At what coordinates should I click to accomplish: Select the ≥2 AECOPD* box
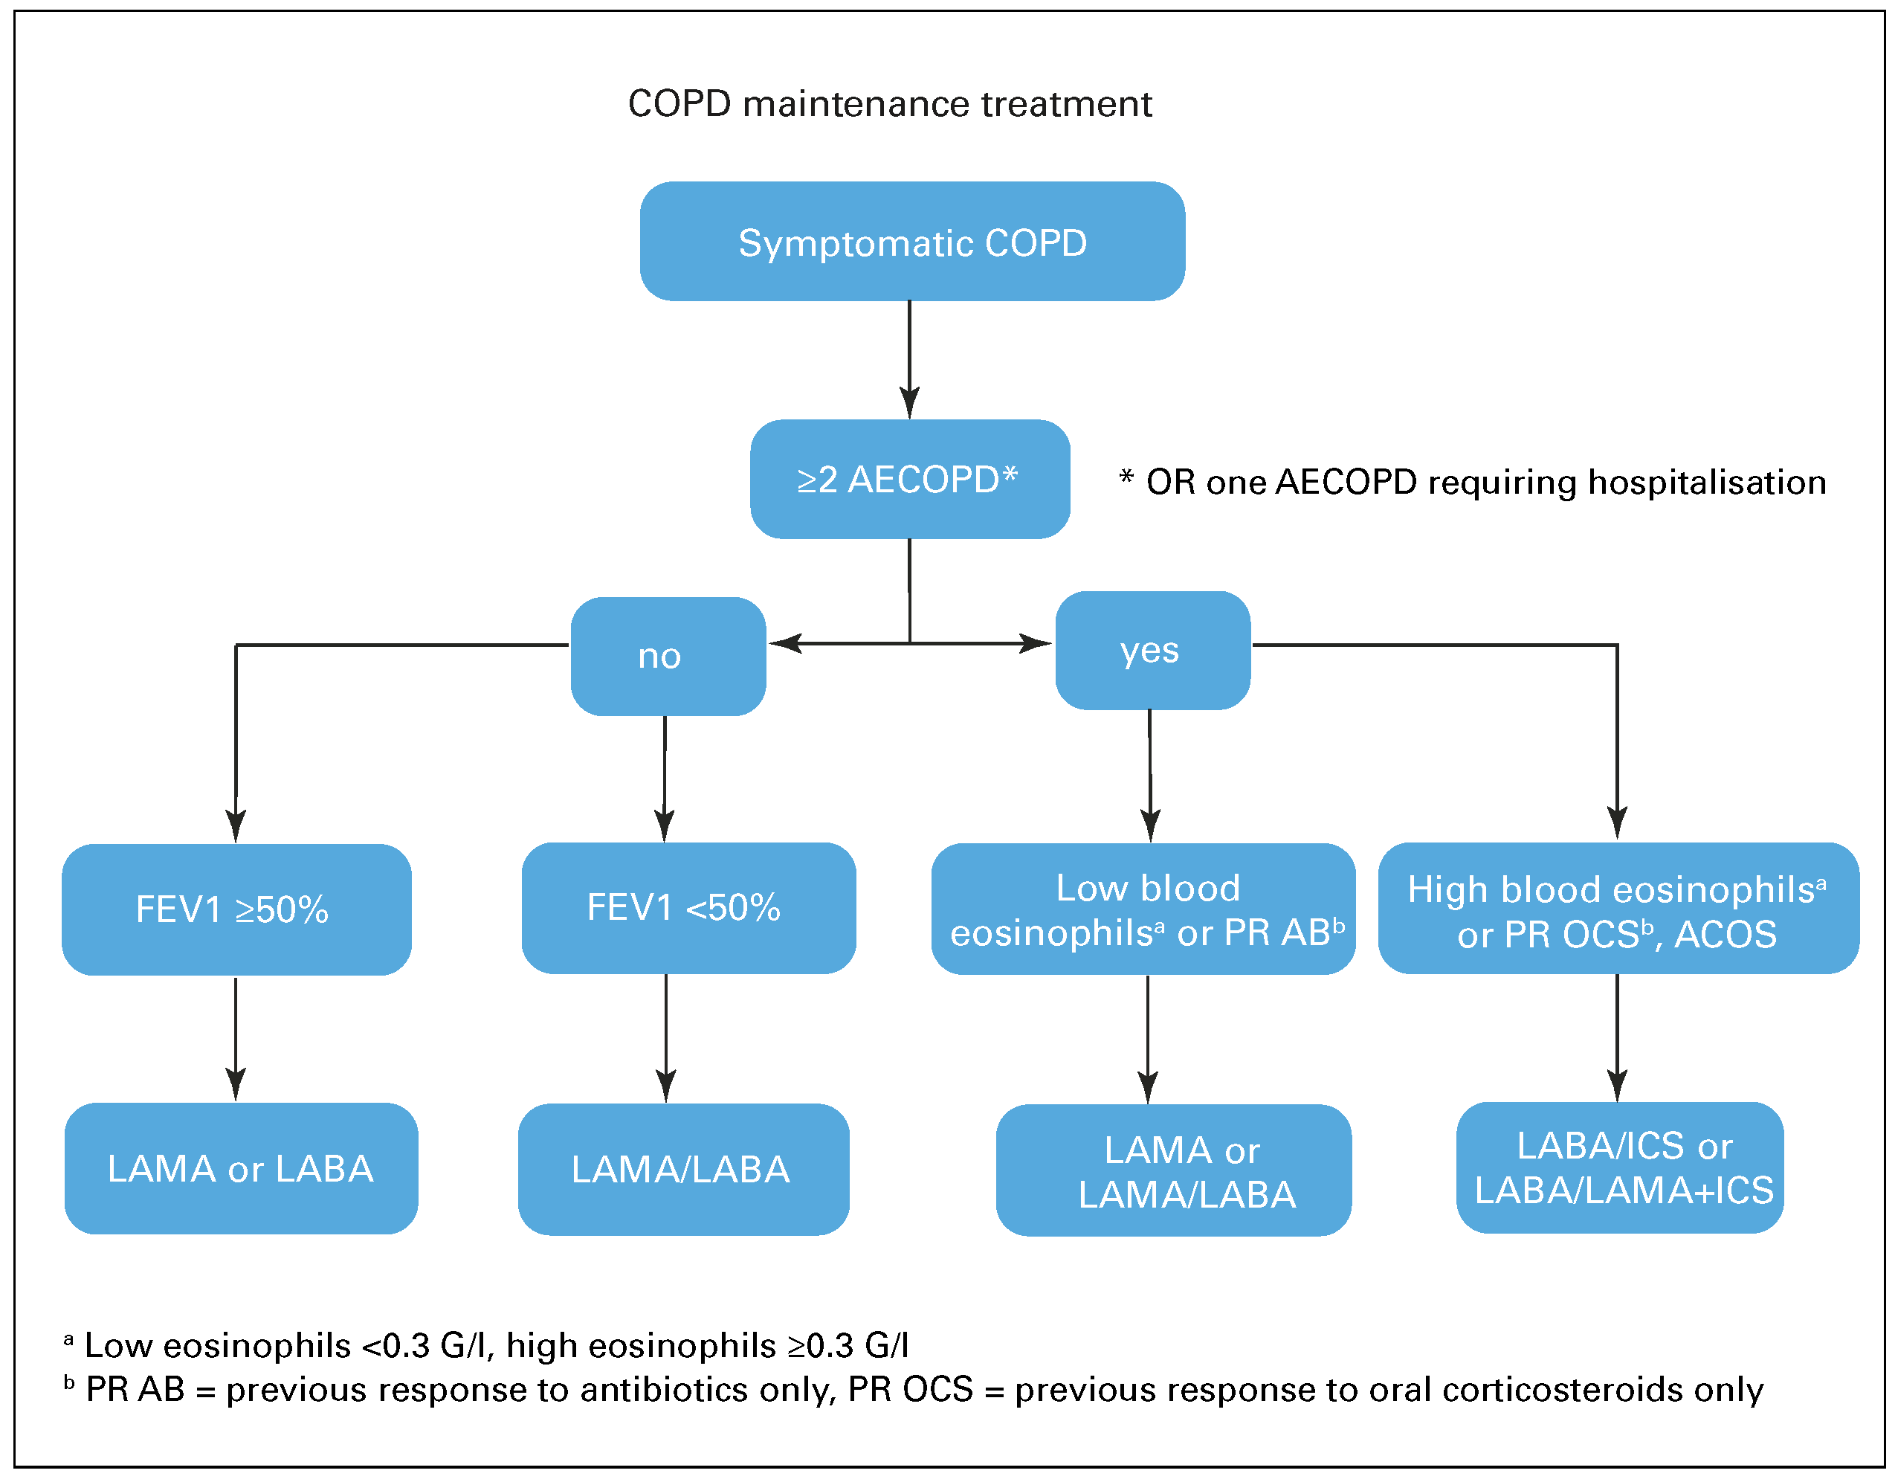[909, 479]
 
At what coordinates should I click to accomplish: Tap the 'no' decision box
[668, 656]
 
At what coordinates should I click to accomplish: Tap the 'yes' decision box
[1152, 651]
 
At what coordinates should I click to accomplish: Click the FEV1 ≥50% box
[236, 909]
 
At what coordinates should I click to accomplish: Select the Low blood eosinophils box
[1142, 909]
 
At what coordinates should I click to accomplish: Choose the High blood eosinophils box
[1618, 909]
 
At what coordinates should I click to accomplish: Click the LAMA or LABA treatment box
[240, 1168]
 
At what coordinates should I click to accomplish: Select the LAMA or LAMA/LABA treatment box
[1173, 1170]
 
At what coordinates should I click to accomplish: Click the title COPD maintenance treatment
[889, 104]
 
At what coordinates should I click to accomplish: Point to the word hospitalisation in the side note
[1706, 483]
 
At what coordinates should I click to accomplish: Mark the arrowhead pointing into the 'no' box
[784, 643]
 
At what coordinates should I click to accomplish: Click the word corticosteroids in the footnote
[1563, 1389]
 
